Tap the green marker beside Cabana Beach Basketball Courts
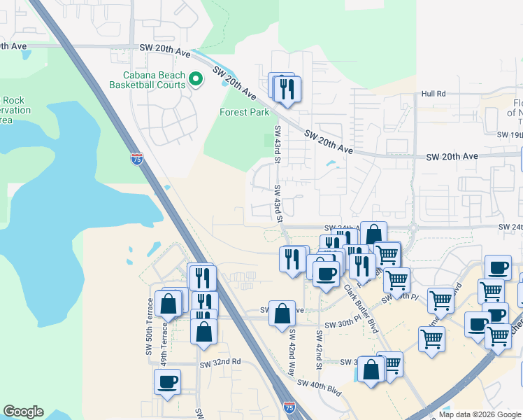tap(196, 80)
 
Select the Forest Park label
tap(244, 112)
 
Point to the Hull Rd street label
tap(434, 94)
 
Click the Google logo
tap(23, 412)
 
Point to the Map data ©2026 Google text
tap(479, 414)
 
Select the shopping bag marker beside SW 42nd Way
tap(282, 314)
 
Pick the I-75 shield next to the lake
tap(136, 159)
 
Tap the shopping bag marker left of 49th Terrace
tap(169, 304)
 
